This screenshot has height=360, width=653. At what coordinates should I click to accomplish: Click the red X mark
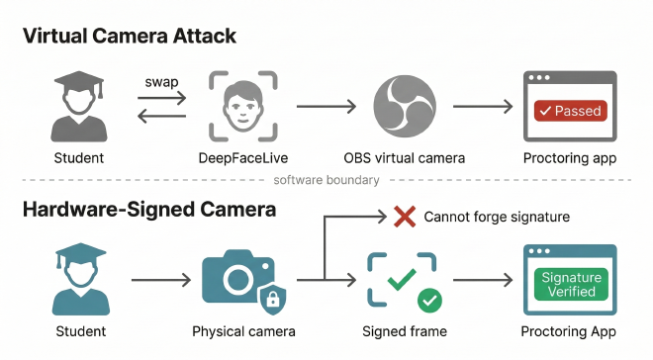404,217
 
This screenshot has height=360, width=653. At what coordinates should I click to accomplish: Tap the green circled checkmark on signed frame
430,299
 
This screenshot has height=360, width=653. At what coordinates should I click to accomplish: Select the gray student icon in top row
74,106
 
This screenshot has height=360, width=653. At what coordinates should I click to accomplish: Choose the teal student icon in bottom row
74,280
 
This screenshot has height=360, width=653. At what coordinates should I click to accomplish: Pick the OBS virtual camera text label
405,158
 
